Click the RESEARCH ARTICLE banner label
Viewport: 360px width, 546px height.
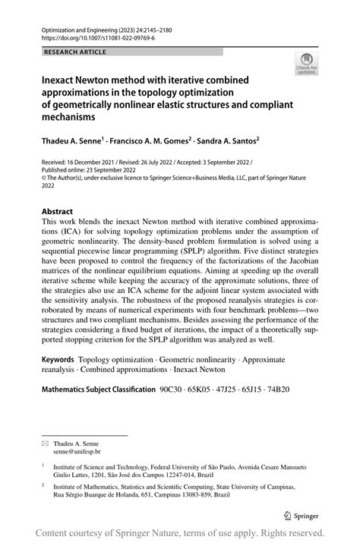[75, 52]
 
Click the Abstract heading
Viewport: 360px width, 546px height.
[57, 211]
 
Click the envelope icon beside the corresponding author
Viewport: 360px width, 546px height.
[45, 443]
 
